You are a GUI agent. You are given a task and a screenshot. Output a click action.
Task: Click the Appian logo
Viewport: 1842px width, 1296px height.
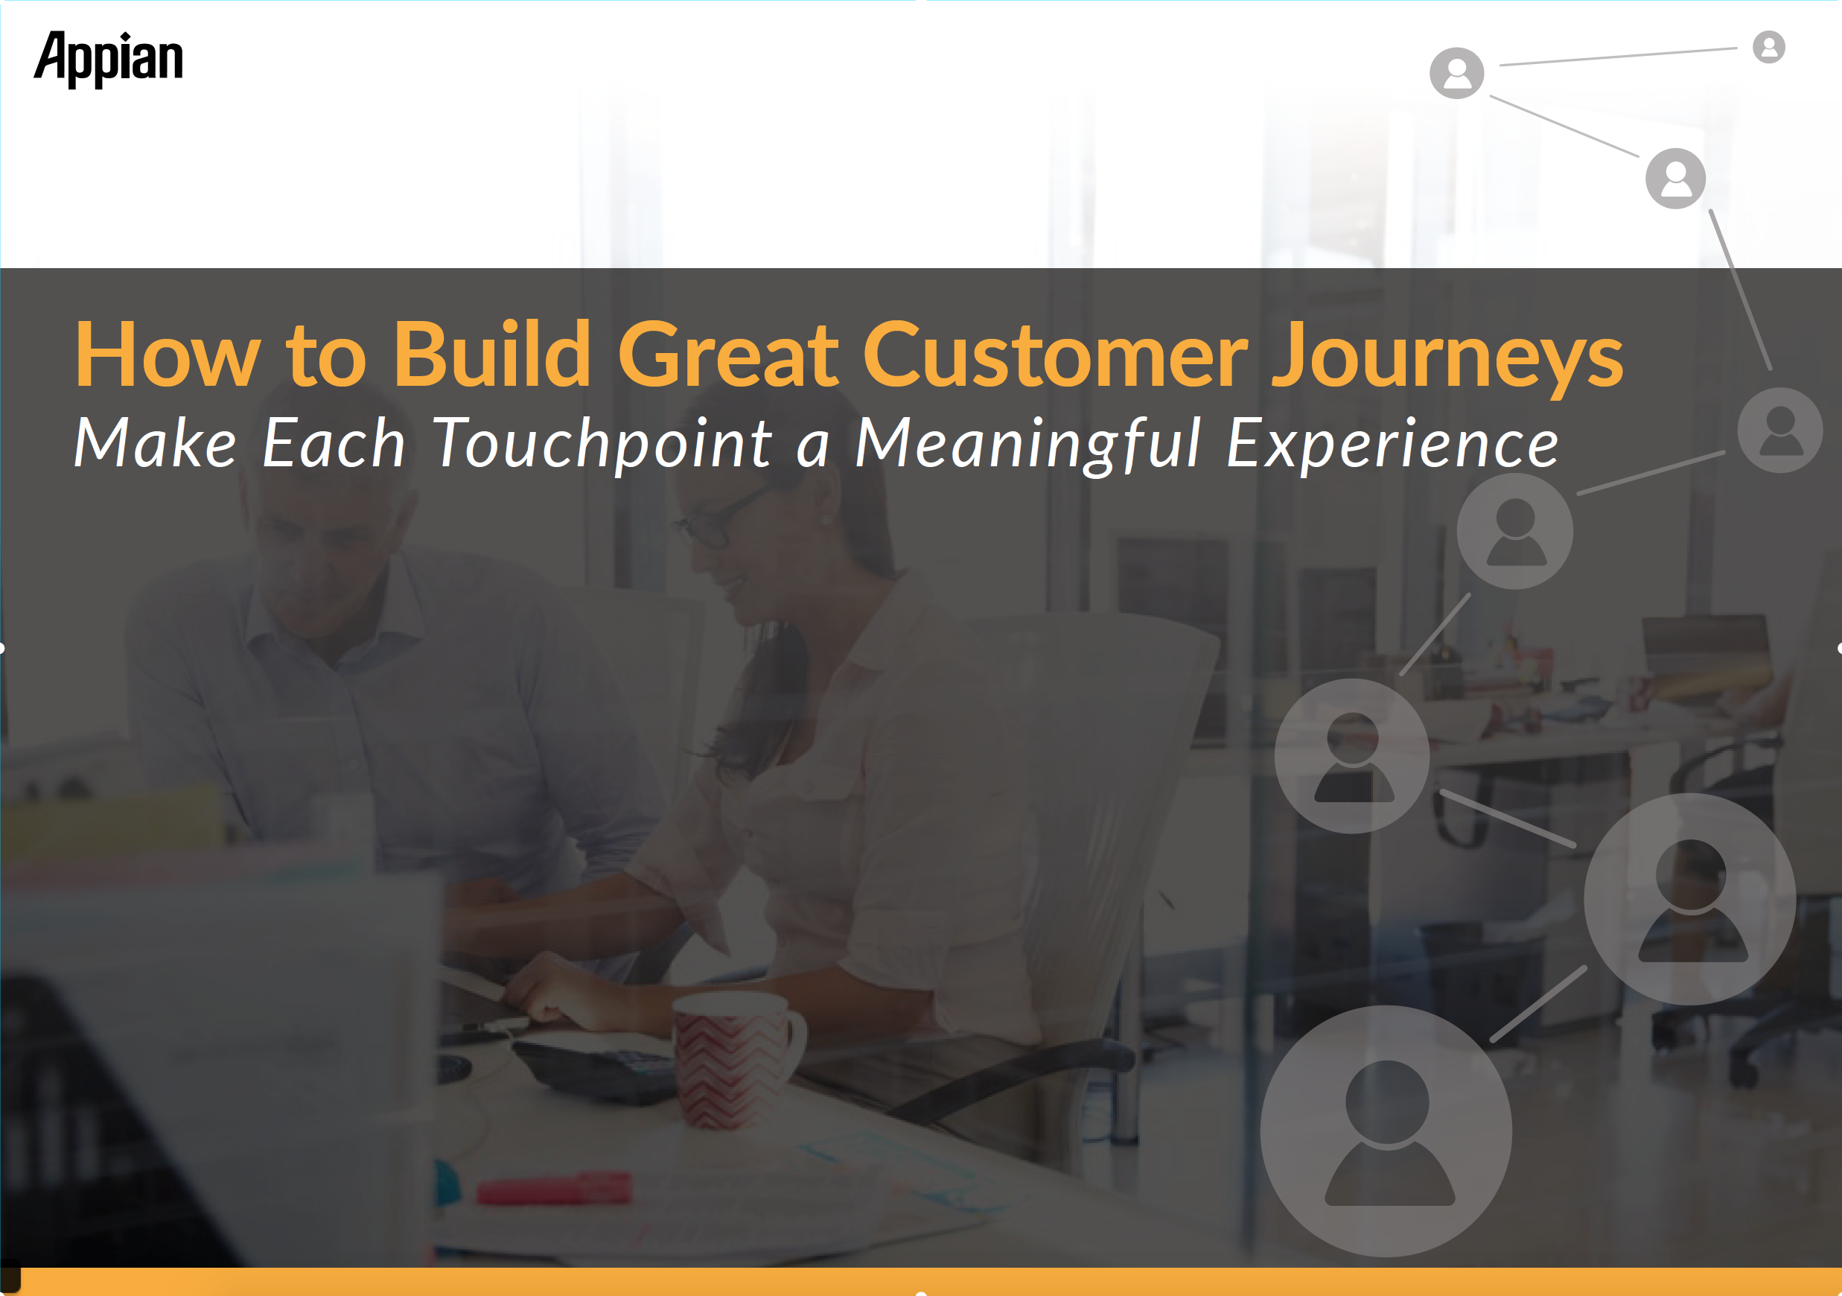tap(108, 59)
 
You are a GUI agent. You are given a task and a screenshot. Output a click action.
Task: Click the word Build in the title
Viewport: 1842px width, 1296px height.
tap(492, 354)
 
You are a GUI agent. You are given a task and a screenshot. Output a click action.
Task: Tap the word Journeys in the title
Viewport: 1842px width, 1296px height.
tap(1448, 357)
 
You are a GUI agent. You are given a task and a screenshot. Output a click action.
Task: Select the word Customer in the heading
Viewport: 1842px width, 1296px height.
tap(1055, 354)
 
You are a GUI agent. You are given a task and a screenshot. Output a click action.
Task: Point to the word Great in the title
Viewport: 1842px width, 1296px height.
tap(727, 354)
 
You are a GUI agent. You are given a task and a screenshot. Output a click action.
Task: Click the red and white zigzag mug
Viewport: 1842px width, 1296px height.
tap(734, 1059)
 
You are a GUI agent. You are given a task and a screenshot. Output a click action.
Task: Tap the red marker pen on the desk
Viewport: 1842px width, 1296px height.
tap(553, 1189)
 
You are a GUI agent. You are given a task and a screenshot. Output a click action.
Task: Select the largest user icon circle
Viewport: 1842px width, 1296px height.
tap(1386, 1131)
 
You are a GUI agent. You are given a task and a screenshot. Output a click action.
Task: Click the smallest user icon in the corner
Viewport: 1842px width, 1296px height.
tap(1768, 46)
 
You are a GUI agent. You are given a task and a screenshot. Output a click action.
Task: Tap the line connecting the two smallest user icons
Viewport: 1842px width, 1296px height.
tap(1618, 57)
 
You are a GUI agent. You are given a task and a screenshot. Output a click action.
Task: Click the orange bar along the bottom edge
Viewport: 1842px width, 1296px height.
tap(931, 1282)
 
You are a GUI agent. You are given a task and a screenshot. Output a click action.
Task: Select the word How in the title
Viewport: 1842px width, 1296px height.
tap(168, 354)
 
